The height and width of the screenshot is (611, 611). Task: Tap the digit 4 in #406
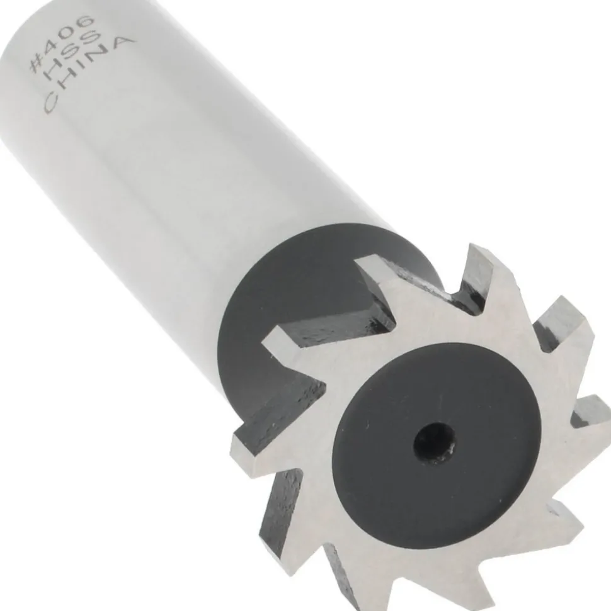pyautogui.click(x=53, y=52)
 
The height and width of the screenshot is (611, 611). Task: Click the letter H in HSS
pyautogui.click(x=52, y=79)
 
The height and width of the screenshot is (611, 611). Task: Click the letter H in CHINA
pyautogui.click(x=68, y=89)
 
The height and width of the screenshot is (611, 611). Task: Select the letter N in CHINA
pyautogui.click(x=98, y=62)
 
